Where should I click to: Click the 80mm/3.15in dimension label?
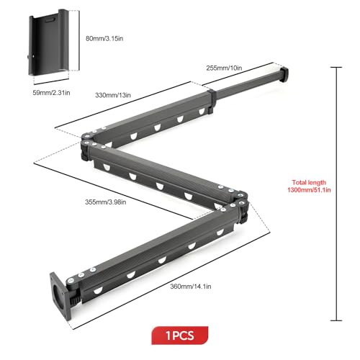[104, 38]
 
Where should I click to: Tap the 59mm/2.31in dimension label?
[51, 93]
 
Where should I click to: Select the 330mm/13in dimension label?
[113, 95]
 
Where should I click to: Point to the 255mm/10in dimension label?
[224, 68]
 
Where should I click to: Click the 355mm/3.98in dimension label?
[106, 202]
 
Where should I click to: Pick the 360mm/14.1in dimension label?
[191, 287]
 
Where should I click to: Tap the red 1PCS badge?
[180, 336]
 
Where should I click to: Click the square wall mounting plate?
[60, 296]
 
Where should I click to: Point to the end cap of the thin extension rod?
[284, 74]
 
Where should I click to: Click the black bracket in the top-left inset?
[49, 42]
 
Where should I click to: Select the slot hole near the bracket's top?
[50, 20]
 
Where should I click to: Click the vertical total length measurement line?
[336, 194]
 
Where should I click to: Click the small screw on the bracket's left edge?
[30, 57]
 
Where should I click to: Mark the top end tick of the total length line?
[336, 68]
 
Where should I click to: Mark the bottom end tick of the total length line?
[336, 320]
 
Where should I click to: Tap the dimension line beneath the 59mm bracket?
[51, 81]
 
